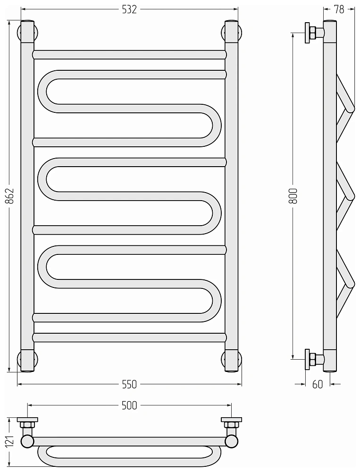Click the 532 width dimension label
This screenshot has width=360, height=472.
129,9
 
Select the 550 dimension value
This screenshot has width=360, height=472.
129,384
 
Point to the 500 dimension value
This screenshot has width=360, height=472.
129,405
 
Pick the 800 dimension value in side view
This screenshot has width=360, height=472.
293,196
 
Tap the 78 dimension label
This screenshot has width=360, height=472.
339,9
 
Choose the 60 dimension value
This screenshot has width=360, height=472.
318,384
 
